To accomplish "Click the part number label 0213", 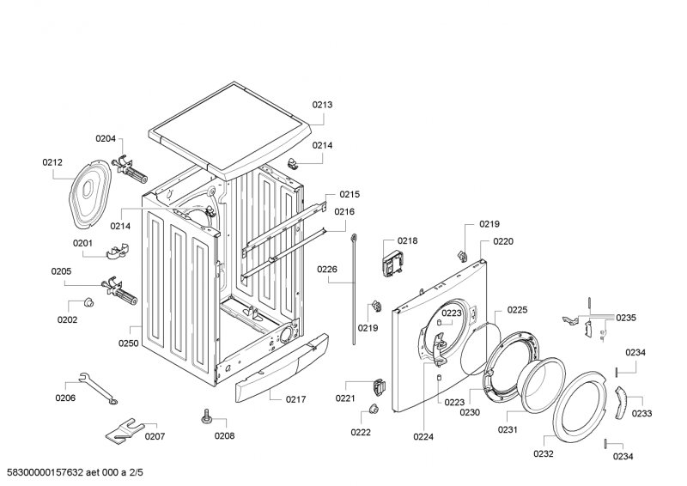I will (322, 105).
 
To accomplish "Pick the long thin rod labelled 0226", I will (354, 288).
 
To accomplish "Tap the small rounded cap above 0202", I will (87, 302).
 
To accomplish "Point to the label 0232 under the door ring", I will (544, 453).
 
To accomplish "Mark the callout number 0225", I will (517, 310).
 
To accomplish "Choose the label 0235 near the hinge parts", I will (625, 318).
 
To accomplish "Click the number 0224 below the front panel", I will (423, 436).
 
